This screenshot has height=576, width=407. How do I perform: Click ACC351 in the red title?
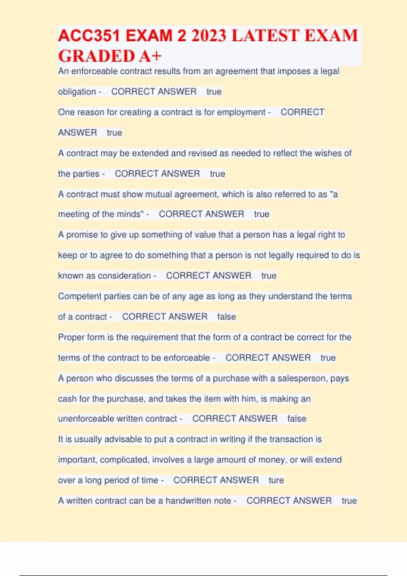tap(89, 36)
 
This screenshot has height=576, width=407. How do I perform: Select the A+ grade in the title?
tap(150, 56)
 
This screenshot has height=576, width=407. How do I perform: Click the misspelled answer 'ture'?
tap(276, 480)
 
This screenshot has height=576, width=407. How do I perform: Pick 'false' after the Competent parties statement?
tap(227, 316)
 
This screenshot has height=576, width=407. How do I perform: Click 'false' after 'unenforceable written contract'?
tap(297, 419)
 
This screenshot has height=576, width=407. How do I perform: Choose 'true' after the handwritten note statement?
tap(349, 501)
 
